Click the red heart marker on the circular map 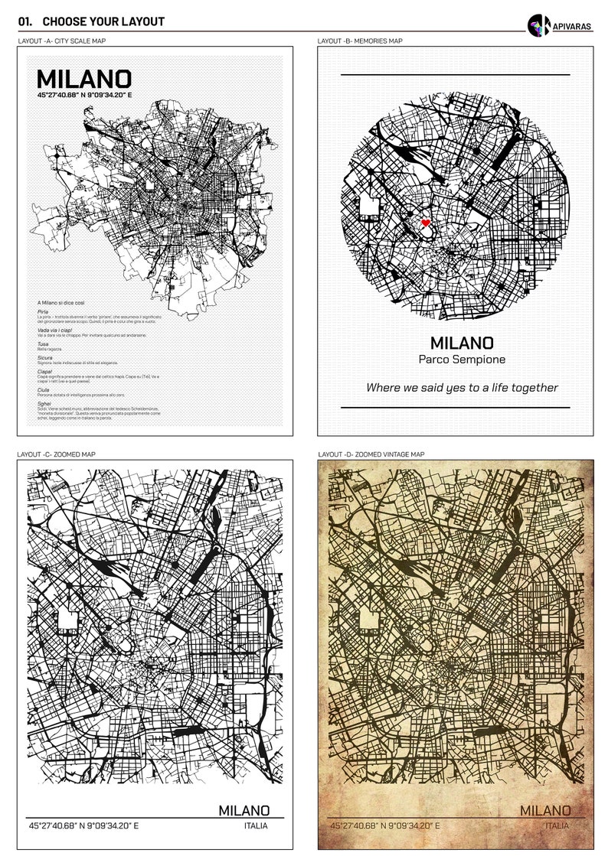(426, 223)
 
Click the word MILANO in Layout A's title (84, 79)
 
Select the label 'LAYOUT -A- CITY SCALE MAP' (61, 41)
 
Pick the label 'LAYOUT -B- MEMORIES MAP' (360, 41)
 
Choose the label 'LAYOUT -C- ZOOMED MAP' (57, 454)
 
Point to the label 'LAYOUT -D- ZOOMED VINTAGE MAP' (371, 454)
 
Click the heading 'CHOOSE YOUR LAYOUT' (103, 21)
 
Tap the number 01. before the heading (25, 21)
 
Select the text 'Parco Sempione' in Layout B (462, 360)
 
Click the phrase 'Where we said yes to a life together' (462, 388)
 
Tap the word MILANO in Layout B (462, 343)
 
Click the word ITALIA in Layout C (256, 826)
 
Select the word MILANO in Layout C (244, 810)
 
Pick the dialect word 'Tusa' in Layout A (43, 343)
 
